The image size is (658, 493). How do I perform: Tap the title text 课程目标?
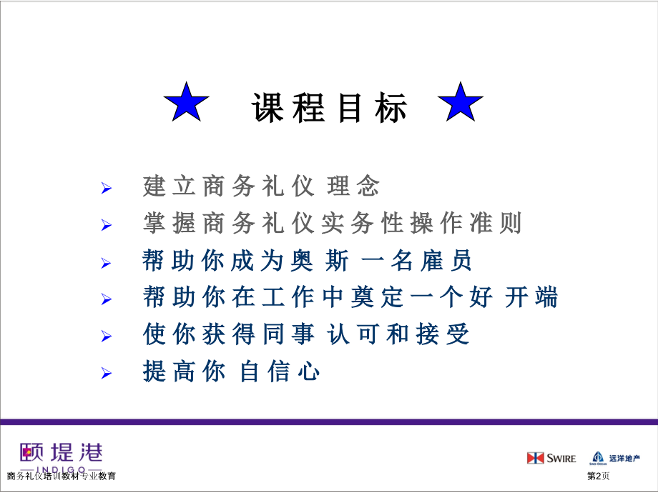[x=330, y=109]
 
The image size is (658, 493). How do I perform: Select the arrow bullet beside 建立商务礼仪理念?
[x=107, y=189]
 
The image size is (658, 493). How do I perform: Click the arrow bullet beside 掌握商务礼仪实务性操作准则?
[x=107, y=226]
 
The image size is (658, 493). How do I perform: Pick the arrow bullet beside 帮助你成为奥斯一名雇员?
[x=107, y=263]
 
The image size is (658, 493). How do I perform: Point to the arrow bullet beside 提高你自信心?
[x=107, y=373]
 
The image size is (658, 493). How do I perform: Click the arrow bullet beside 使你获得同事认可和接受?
[x=107, y=336]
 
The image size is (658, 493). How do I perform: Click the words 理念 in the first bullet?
[x=353, y=187]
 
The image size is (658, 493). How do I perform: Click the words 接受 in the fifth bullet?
[x=443, y=334]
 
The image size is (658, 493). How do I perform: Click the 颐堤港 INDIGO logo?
[x=62, y=456]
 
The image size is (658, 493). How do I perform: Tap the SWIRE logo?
[x=551, y=458]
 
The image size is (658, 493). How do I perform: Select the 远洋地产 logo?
[x=614, y=458]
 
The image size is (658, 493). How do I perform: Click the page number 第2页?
[x=598, y=476]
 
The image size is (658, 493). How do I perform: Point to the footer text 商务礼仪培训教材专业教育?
[x=62, y=476]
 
